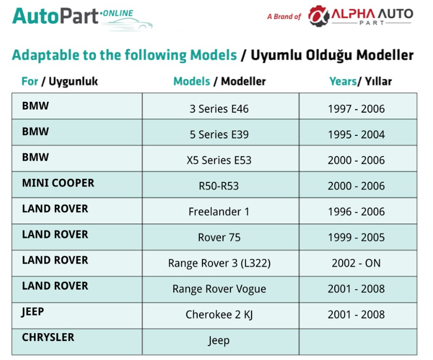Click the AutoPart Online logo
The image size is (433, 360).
pos(82,18)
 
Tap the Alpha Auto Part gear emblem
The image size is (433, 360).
pos(319,16)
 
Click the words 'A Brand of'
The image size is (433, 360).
pos(284,17)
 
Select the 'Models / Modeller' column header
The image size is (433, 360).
pos(219,82)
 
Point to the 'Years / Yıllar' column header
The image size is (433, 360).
pos(360,82)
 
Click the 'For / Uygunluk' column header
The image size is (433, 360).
pos(59,82)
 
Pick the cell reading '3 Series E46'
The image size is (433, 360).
pos(219,109)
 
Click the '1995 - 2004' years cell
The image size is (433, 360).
pos(356,134)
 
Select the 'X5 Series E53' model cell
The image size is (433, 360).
pos(219,160)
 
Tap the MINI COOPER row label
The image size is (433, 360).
pos(58,183)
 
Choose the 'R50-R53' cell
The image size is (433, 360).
pos(219,186)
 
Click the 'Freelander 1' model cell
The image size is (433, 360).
pos(219,211)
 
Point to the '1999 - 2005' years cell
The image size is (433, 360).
pos(356,237)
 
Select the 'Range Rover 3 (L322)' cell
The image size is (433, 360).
pos(219,263)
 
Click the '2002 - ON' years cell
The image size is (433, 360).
pos(356,263)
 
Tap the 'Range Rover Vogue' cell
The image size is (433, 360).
pos(219,289)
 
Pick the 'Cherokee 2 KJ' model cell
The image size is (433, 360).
pos(219,315)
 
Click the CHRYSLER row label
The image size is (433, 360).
pos(48,337)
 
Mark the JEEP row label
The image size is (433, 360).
pos(33,311)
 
